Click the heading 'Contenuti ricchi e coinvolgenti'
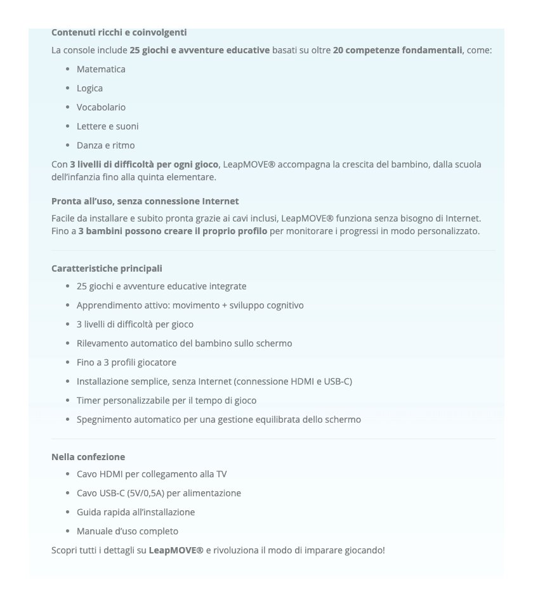click(x=119, y=32)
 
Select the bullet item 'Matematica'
click(x=101, y=69)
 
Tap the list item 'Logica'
click(x=89, y=88)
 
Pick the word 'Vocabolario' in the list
click(x=101, y=107)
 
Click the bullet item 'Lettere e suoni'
click(x=107, y=126)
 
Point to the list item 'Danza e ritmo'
click(x=105, y=145)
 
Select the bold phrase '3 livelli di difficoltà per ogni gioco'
click(x=144, y=164)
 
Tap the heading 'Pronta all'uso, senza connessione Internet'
click(x=145, y=201)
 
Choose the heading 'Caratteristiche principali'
click(x=107, y=268)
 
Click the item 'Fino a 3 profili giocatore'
click(x=126, y=362)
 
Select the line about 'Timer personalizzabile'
click(x=166, y=400)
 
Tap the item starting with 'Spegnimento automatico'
click(x=218, y=420)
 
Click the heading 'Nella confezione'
click(x=88, y=457)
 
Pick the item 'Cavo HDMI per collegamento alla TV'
click(x=152, y=474)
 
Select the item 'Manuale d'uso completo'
click(x=128, y=531)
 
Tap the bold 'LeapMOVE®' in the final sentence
click(x=176, y=550)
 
